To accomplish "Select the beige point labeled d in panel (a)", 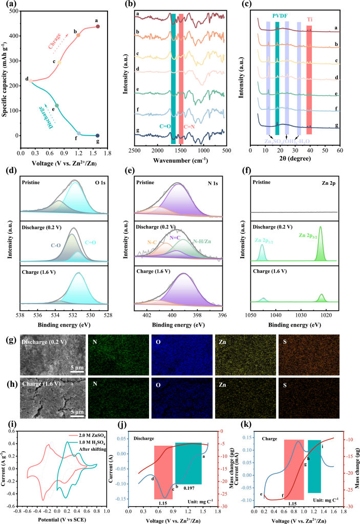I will click(x=31, y=81).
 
